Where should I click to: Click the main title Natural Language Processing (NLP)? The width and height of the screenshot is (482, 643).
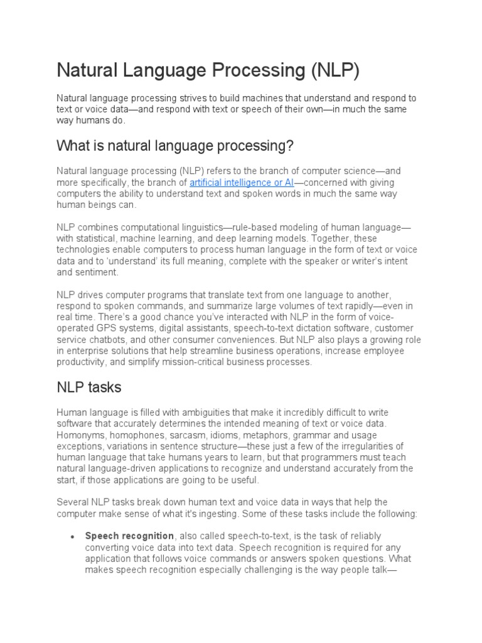(208, 70)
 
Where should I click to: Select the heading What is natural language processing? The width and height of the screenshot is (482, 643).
(175, 146)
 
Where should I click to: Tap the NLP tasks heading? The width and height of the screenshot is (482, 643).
(88, 387)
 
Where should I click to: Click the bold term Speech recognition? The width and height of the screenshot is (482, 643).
(129, 536)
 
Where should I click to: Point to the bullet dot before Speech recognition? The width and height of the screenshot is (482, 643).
(73, 537)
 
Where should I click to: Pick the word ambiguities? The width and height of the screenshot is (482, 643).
(191, 412)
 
